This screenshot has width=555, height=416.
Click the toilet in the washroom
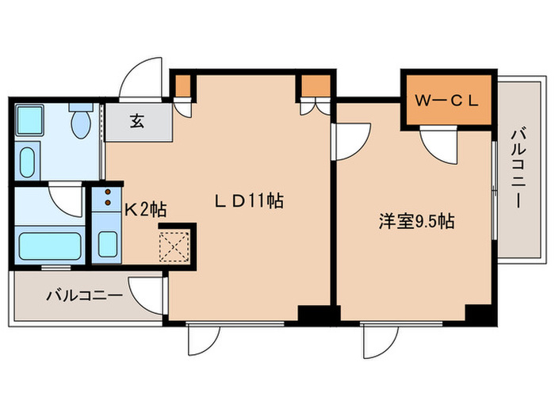(79, 123)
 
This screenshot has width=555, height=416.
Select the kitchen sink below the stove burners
(105, 242)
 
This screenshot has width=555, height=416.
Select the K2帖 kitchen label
(145, 210)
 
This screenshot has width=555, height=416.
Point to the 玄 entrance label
(137, 122)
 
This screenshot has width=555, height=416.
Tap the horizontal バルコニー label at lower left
(83, 296)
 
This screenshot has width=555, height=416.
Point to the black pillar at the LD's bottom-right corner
(312, 315)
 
